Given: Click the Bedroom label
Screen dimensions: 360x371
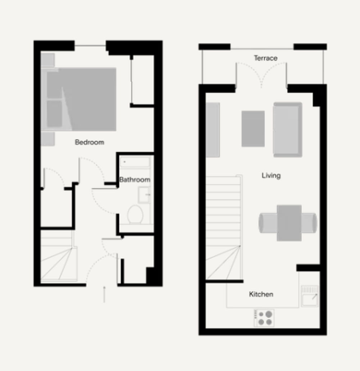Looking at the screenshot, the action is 90,142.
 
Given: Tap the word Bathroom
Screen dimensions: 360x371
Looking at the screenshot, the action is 135,180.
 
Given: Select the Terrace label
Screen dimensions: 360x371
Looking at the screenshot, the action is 266,58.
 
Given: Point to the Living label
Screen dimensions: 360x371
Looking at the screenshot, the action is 271,176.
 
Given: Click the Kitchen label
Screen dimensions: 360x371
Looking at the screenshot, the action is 261,294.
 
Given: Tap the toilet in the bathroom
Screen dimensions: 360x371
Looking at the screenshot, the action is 135,214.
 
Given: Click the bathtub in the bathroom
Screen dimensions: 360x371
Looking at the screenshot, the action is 135,162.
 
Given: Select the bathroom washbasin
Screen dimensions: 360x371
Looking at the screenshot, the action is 144,195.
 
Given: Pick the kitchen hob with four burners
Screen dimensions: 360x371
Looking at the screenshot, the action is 264,318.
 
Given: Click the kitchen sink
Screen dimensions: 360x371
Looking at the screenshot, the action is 310,297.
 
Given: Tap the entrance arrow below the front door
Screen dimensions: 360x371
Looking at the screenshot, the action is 104,294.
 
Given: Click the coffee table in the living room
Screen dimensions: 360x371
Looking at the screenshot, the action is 253,129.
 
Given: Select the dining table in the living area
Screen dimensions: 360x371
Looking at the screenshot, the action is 289,223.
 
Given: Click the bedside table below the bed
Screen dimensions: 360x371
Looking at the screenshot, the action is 48,139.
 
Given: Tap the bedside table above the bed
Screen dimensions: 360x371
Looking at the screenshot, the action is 48,60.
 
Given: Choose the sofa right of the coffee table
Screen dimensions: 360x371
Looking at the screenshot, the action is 288,130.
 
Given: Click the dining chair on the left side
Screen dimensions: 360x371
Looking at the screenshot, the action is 268,223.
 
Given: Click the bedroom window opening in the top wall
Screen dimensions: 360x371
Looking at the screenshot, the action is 90,45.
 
